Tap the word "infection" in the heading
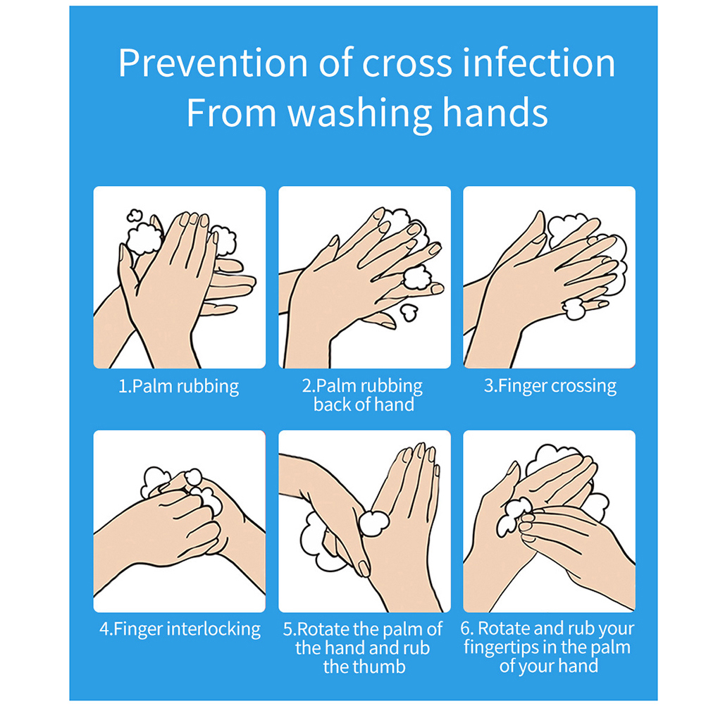[539, 63]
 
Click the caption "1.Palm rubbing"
[178, 387]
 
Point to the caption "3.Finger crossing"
[550, 386]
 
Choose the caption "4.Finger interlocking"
[180, 629]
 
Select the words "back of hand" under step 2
[364, 404]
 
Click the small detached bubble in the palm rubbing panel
[134, 215]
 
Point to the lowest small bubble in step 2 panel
[409, 312]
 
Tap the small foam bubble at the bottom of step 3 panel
[574, 309]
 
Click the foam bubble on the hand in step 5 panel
[373, 524]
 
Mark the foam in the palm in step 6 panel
[513, 516]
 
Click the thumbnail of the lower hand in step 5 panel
[363, 568]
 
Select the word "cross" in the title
[407, 64]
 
